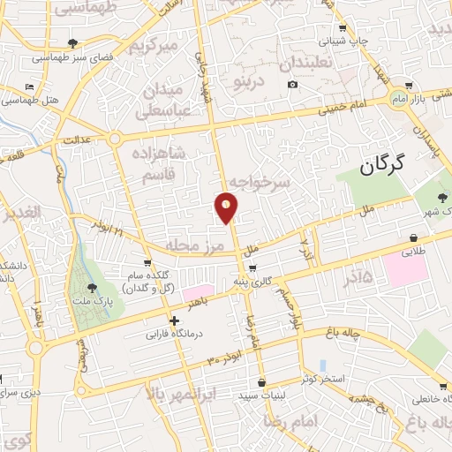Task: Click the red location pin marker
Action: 227,208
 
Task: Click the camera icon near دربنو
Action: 292,85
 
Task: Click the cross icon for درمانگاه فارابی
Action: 175,320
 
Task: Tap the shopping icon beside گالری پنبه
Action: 252,269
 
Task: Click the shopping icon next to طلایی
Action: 413,237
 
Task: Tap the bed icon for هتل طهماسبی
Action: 30,87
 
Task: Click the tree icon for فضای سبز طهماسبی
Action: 72,42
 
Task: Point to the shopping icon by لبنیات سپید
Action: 261,382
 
